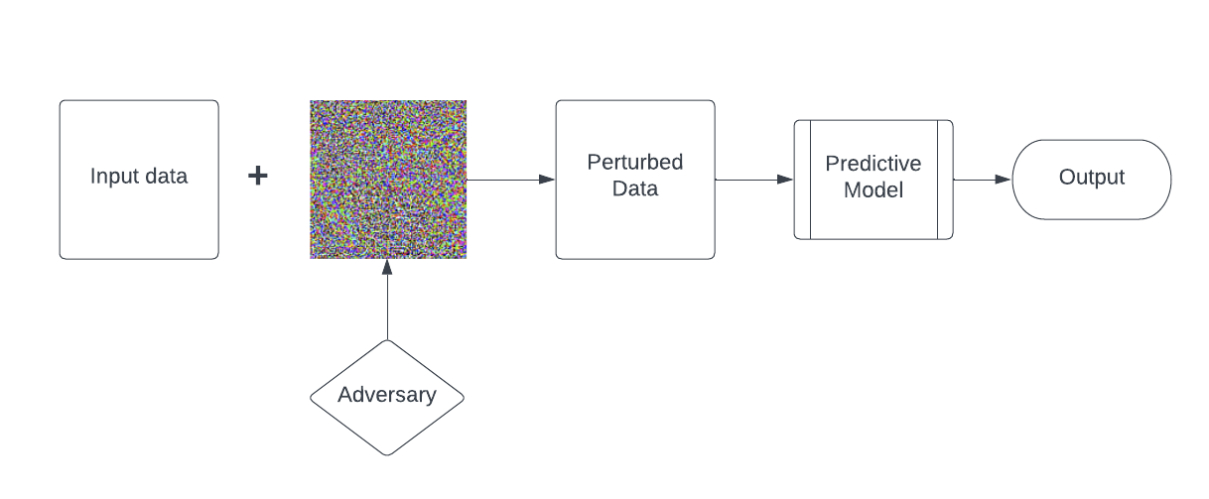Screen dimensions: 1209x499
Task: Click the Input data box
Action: pos(139,180)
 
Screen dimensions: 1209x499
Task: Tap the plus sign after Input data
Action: pos(258,176)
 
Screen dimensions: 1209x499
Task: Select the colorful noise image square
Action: pos(388,180)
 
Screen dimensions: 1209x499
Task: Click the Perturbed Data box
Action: pos(635,180)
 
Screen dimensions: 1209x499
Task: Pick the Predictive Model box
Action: pos(873,180)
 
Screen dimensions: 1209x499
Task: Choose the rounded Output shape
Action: pos(1092,180)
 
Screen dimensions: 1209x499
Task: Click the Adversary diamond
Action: pos(387,398)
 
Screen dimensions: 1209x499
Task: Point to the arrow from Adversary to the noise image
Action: pos(387,300)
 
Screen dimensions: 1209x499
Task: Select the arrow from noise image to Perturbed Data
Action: pos(510,180)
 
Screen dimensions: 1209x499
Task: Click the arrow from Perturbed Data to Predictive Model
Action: pos(754,180)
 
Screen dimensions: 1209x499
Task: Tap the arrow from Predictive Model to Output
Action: pos(983,180)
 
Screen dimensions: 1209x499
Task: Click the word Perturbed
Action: pos(635,163)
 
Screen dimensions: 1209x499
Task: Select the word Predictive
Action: pos(873,164)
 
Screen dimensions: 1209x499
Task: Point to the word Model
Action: pos(873,189)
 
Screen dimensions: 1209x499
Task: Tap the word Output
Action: pos(1092,178)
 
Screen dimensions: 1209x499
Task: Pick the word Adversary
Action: pos(387,396)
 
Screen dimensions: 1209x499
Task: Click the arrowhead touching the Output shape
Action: pos(1004,180)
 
